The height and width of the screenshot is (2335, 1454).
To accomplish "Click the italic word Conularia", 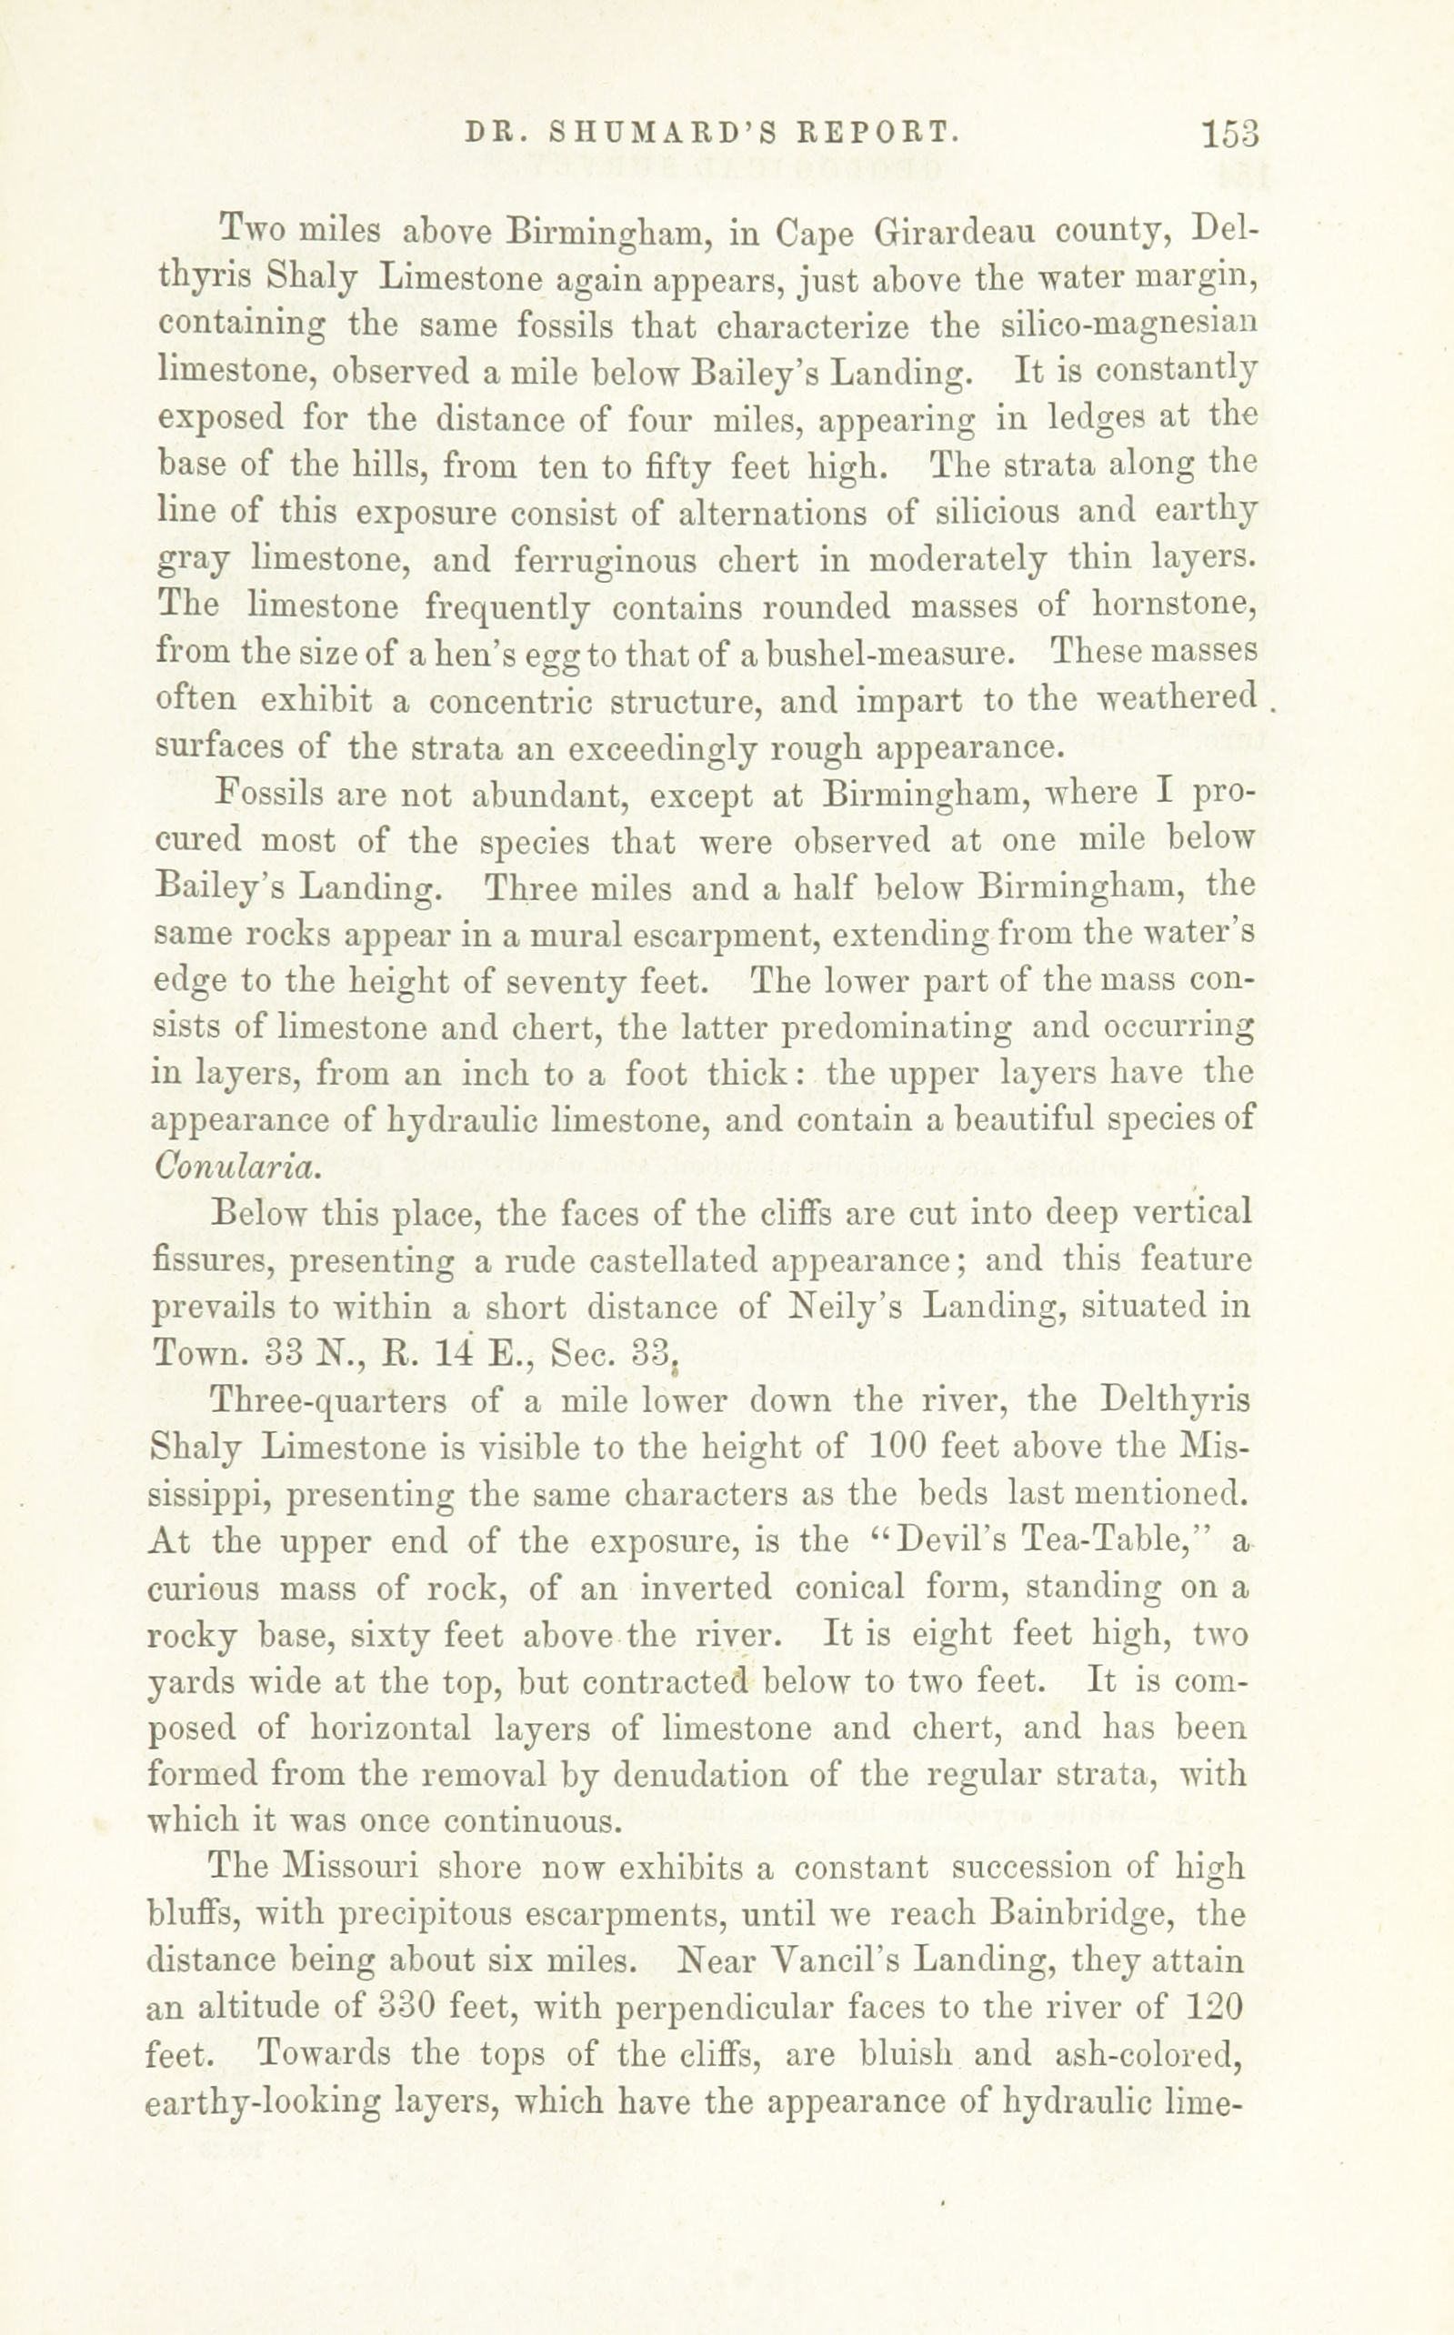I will pos(235,1166).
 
